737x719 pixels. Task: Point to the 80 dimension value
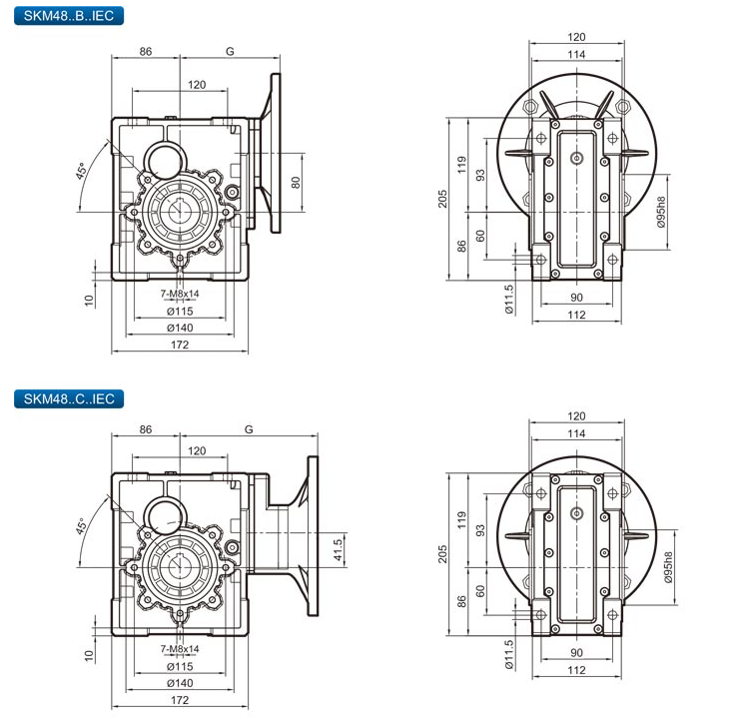[x=296, y=182]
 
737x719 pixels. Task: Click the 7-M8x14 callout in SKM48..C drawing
[x=180, y=649]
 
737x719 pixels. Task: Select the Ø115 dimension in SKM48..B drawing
[x=180, y=312]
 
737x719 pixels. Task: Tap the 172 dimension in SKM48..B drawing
[x=180, y=345]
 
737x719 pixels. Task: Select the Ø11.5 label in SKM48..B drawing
[x=508, y=300]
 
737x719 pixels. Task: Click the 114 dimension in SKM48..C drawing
[x=576, y=434]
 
